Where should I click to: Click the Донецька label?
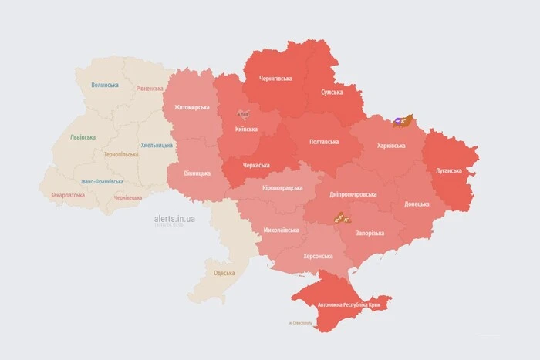click(x=417, y=204)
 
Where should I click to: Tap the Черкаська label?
click(x=255, y=165)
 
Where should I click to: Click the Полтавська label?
click(x=323, y=142)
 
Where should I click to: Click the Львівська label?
click(x=83, y=136)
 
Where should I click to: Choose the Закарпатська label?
click(x=69, y=195)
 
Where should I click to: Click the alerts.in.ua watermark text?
click(x=174, y=219)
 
